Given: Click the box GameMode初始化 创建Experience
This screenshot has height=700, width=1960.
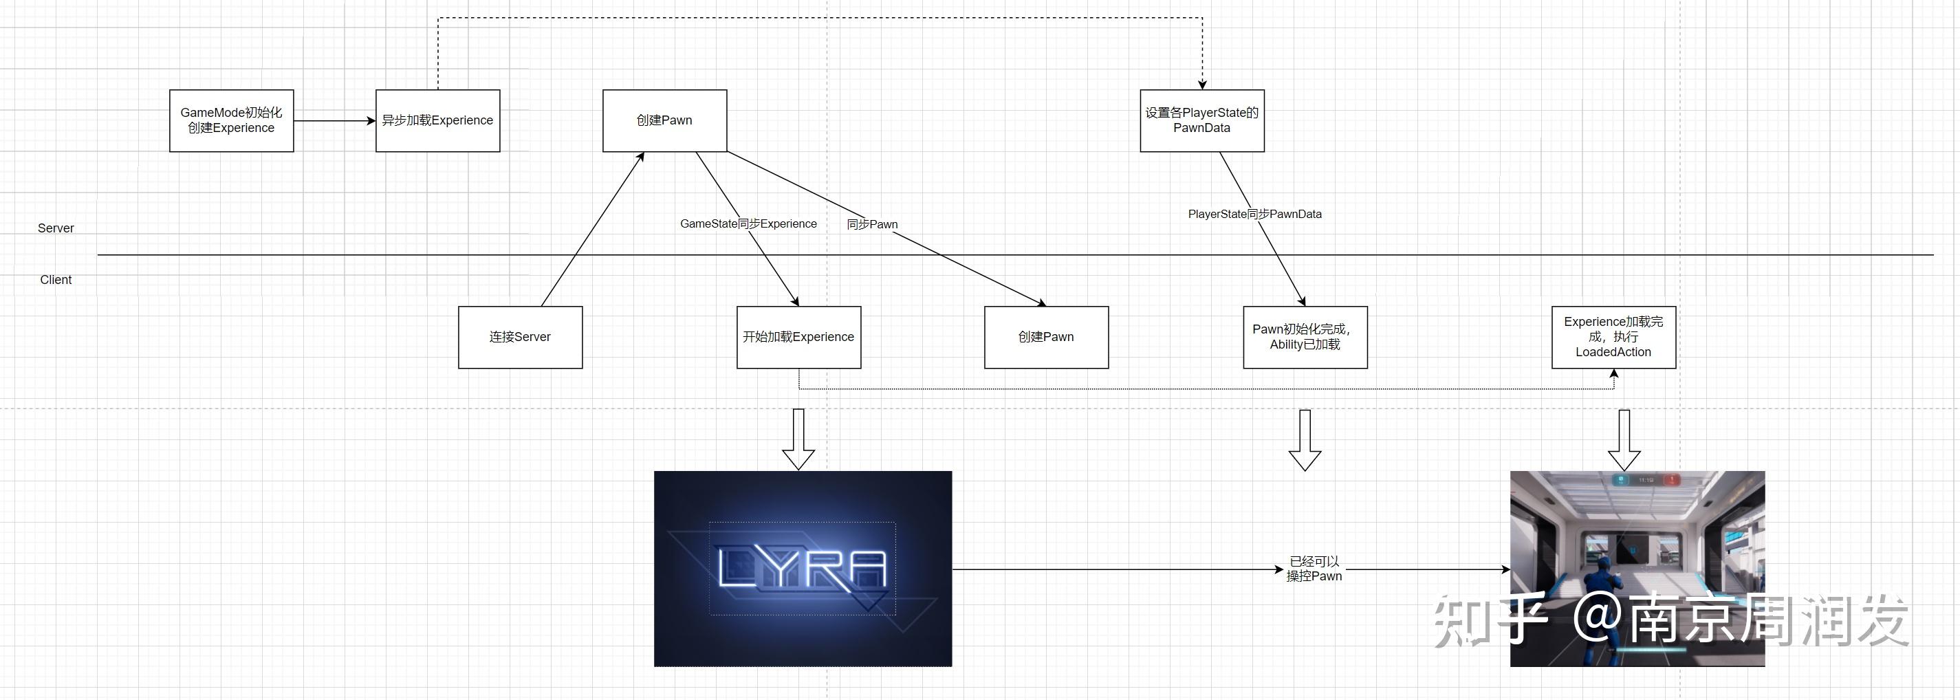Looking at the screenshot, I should [x=231, y=120].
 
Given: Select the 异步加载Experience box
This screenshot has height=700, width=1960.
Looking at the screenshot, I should [x=437, y=120].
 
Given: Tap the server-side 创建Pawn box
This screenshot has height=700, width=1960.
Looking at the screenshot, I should [x=664, y=120].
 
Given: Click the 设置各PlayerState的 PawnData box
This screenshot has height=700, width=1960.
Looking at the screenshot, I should [x=1201, y=120].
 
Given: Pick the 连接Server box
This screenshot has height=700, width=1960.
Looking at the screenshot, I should [x=520, y=337].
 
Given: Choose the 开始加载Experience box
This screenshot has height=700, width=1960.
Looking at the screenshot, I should [x=798, y=337].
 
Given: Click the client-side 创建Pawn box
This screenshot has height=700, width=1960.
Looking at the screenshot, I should [x=1046, y=337].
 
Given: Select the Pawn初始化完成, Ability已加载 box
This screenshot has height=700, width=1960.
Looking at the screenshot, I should [x=1305, y=337].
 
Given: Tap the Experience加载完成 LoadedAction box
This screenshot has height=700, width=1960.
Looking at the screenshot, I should [x=1613, y=337].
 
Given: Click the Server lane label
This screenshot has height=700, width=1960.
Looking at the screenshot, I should [x=56, y=228].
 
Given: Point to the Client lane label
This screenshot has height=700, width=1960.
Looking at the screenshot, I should [x=56, y=280].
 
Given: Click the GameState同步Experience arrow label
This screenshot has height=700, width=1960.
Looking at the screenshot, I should [x=748, y=223].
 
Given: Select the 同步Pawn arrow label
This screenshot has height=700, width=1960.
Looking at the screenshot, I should [x=872, y=224].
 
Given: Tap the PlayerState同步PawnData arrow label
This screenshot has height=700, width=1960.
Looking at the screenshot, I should [x=1254, y=215].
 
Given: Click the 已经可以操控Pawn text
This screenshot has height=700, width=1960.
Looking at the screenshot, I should [x=1314, y=569].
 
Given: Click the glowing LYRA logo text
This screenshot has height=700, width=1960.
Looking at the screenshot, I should [x=802, y=569].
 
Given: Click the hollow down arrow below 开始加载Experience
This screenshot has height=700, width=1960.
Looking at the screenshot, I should [x=798, y=440].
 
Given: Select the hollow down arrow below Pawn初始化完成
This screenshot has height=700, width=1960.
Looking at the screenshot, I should [x=1305, y=441].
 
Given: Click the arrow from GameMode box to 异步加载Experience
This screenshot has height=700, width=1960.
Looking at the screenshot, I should [x=334, y=120].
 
